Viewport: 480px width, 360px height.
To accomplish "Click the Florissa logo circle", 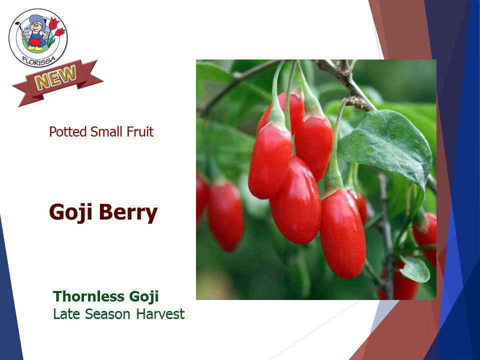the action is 38,38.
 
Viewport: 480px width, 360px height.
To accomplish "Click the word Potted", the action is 68,132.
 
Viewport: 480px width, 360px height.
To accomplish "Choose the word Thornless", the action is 89,296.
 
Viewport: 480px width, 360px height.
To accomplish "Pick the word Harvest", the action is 160,314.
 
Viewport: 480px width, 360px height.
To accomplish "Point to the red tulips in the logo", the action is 56,27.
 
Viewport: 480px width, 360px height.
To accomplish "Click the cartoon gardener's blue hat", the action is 37,21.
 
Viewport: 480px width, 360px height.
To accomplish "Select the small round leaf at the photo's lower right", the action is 415,269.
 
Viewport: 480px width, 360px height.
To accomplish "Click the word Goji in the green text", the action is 144,296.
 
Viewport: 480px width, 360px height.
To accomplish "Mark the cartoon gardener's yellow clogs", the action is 35,48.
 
